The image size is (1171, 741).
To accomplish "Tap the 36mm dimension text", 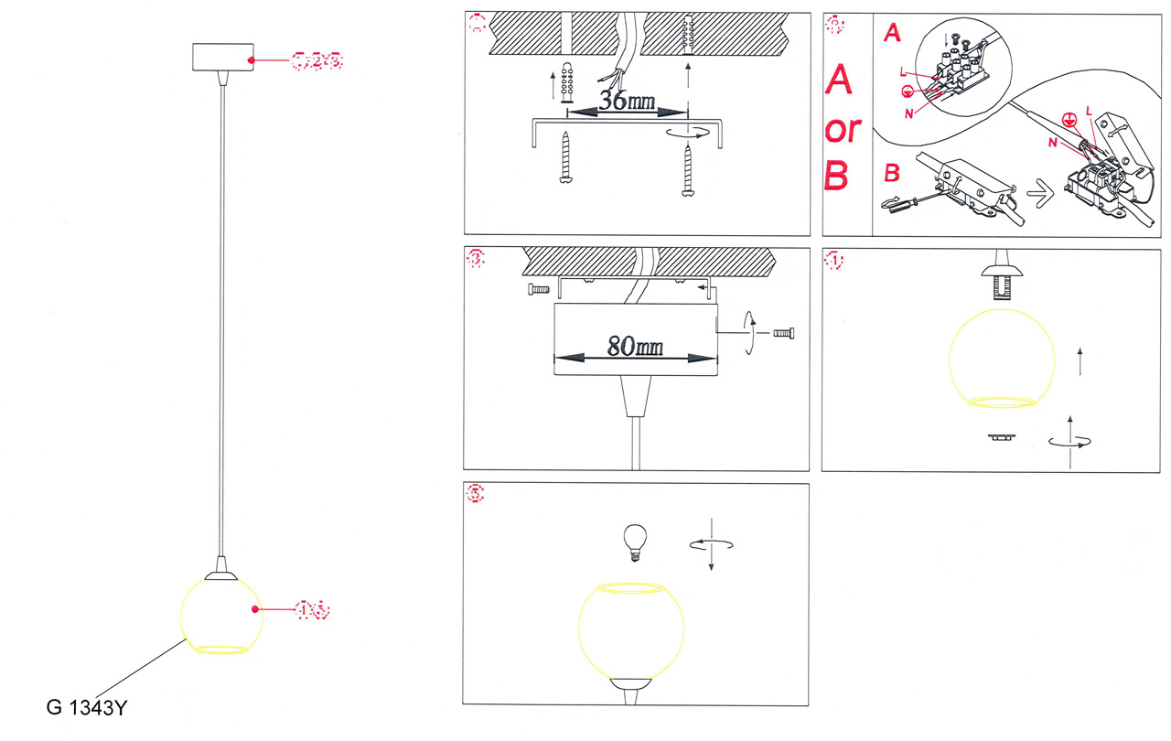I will click(627, 100).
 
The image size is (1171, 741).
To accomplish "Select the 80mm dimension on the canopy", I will click(636, 346).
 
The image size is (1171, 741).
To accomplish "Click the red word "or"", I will click(842, 129).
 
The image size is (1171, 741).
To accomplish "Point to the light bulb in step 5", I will click(633, 541).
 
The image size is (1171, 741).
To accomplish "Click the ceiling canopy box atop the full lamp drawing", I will click(222, 59).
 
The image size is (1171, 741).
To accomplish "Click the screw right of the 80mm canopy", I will click(786, 333).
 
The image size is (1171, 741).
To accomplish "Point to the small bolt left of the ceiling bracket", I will click(538, 290).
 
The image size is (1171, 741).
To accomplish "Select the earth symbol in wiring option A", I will click(907, 91).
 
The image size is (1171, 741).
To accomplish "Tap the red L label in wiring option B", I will click(1088, 109).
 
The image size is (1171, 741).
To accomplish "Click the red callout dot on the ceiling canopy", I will click(253, 59).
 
